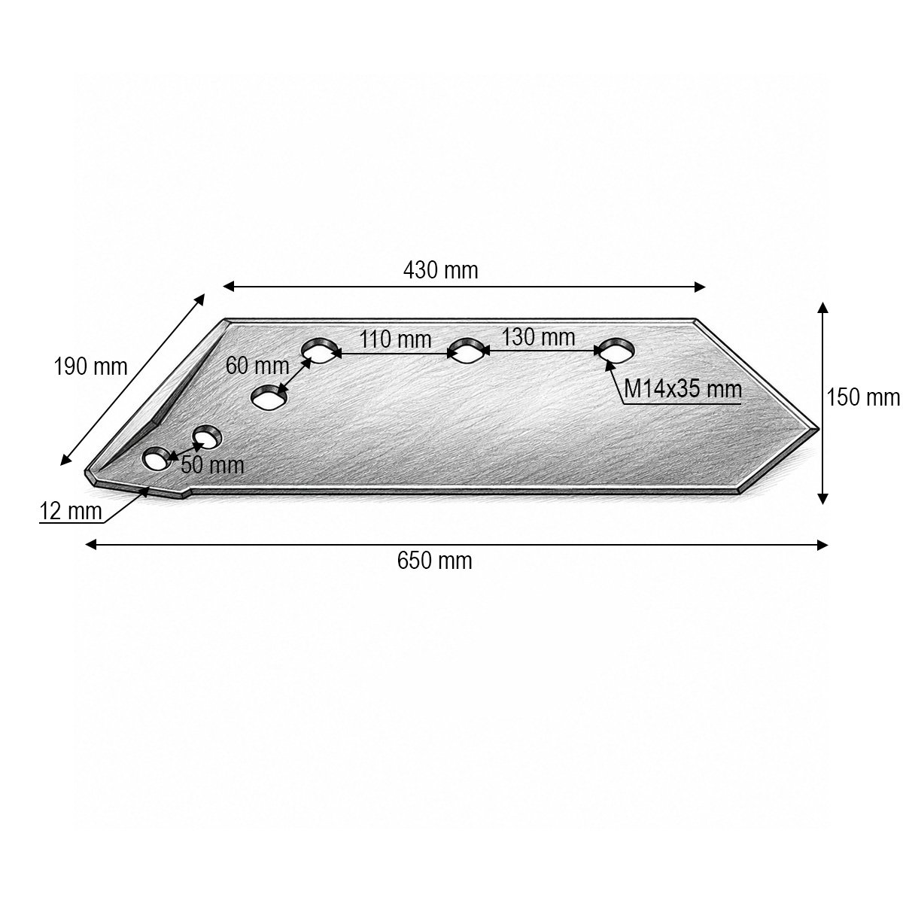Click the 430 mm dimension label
[x=440, y=270]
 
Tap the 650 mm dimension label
[x=434, y=561]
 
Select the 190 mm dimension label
[x=90, y=366]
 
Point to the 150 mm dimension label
[x=862, y=397]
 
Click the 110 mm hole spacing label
[x=395, y=339]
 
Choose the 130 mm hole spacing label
[x=539, y=337]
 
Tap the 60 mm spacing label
[x=257, y=366]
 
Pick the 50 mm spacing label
[x=212, y=465]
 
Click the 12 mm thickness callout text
[x=70, y=511]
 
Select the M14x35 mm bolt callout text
[x=683, y=389]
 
